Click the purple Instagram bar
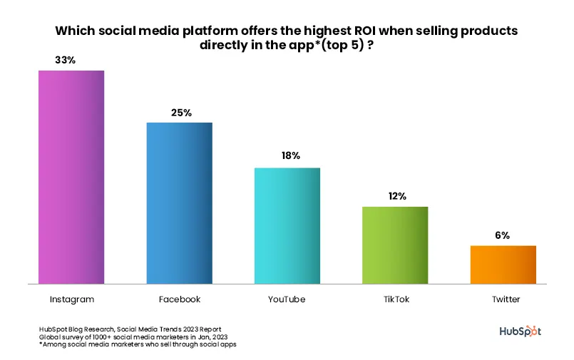[x=71, y=177]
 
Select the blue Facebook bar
[x=179, y=203]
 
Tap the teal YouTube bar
[x=287, y=225]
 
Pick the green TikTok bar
[x=395, y=245]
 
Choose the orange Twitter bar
[x=503, y=264]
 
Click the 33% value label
[x=66, y=60]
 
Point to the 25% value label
[x=181, y=113]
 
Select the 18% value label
[x=289, y=155]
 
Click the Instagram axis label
[x=72, y=299]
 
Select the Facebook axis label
[x=179, y=299]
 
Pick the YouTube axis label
[x=287, y=299]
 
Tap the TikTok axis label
[x=395, y=299]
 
